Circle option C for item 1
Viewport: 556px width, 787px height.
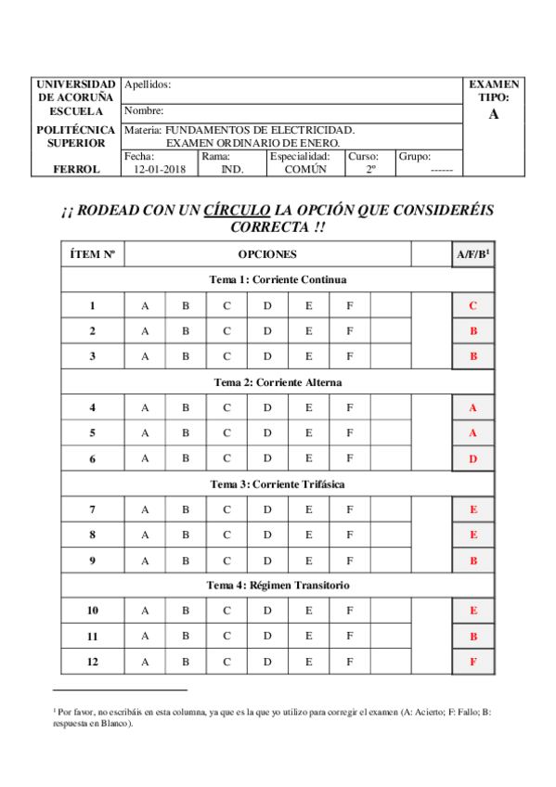tap(226, 305)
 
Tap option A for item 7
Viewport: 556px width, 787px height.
tap(144, 509)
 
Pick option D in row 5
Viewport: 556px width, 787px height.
tap(267, 432)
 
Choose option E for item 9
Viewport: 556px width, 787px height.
tap(308, 560)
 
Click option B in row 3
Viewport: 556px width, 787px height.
tap(186, 355)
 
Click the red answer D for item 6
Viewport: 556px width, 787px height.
tap(473, 458)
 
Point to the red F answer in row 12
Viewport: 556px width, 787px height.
tap(473, 662)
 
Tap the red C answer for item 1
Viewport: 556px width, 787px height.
tap(473, 305)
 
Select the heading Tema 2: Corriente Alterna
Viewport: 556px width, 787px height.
tap(278, 382)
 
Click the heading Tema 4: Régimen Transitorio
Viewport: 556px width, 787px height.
tap(278, 585)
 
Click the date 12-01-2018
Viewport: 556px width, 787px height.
tap(160, 170)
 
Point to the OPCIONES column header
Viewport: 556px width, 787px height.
tap(267, 253)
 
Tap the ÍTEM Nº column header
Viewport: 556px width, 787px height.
tap(92, 253)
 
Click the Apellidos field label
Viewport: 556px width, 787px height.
tap(147, 85)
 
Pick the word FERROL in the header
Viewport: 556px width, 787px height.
tap(77, 170)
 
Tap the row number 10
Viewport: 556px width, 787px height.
tap(92, 611)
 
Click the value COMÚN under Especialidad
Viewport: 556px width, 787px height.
tap(305, 170)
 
